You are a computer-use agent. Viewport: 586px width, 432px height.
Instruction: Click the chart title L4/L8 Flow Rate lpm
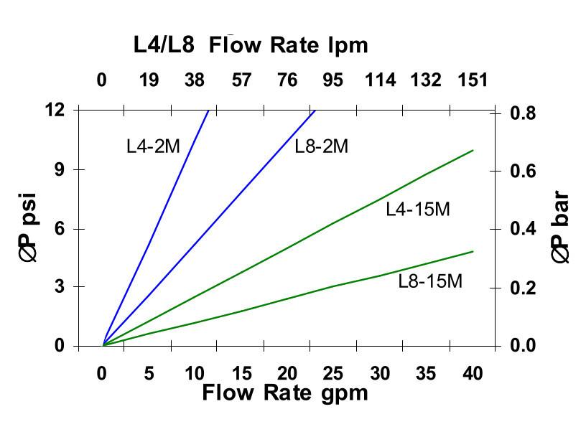click(x=251, y=45)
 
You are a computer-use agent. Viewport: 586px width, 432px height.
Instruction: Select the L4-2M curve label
click(x=153, y=146)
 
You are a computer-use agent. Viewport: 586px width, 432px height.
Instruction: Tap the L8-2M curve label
click(x=321, y=146)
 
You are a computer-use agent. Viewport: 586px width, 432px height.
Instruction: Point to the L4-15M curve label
click(x=417, y=210)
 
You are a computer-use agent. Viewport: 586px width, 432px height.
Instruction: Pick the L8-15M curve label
click(x=430, y=281)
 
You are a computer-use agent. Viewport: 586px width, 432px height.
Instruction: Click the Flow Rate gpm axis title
click(x=284, y=393)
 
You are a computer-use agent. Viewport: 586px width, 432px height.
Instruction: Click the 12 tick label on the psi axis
click(x=55, y=110)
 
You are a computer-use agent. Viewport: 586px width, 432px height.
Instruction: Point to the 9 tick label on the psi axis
click(x=60, y=170)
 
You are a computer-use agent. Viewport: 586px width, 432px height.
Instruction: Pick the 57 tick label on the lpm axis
click(x=242, y=80)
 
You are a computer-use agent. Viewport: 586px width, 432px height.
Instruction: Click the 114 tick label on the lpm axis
click(x=380, y=80)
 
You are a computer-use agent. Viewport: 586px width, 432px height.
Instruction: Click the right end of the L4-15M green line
click(x=473, y=150)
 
